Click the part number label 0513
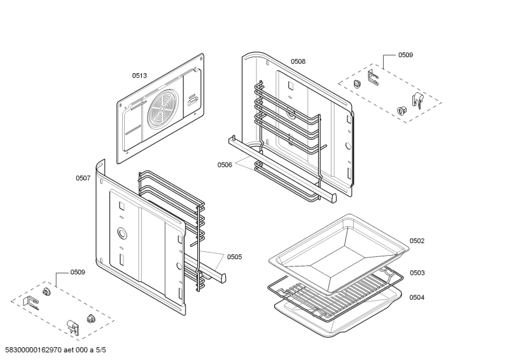(139, 76)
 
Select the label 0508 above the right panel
(298, 62)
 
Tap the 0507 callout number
(83, 178)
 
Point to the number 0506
(225, 165)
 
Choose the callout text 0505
(234, 257)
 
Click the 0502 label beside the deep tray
(417, 240)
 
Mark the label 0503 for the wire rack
(417, 273)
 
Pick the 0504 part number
(417, 297)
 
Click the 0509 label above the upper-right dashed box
(405, 55)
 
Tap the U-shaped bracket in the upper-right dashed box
(372, 80)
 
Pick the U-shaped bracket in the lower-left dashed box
(30, 302)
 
